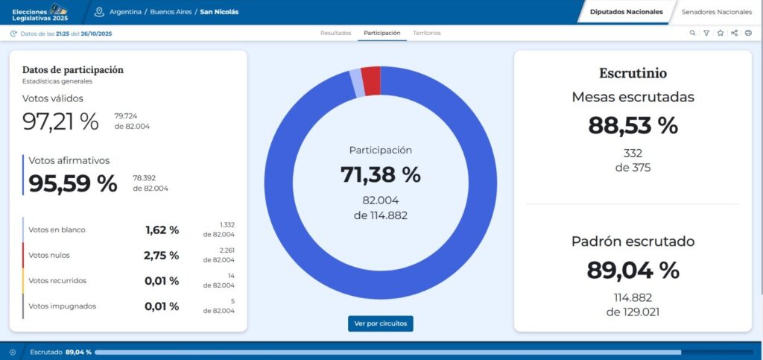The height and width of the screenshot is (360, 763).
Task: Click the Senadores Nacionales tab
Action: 716,12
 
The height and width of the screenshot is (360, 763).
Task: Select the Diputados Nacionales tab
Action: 626,12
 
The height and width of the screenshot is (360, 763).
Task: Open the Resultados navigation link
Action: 336,33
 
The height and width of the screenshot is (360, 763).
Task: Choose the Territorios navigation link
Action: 427,33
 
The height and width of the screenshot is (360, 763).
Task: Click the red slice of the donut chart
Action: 371,80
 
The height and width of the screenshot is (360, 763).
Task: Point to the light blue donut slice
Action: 357,83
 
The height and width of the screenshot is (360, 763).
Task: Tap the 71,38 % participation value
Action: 381,174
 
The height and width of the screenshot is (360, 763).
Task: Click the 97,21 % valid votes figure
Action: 60,121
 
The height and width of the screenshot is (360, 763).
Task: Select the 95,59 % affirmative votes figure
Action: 73,183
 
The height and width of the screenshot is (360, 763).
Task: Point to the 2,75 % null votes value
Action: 161,256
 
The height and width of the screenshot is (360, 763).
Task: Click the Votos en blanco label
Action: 57,230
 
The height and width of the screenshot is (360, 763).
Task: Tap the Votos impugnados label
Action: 63,306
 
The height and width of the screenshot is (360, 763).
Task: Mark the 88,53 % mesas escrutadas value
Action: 633,125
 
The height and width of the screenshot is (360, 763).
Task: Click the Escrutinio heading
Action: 633,73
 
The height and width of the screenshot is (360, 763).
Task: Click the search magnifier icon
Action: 692,33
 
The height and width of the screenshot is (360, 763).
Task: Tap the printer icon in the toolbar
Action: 748,33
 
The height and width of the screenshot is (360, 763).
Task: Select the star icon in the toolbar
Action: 721,33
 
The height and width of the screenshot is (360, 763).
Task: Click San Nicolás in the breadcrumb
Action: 220,12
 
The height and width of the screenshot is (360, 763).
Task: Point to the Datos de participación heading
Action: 73,70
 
